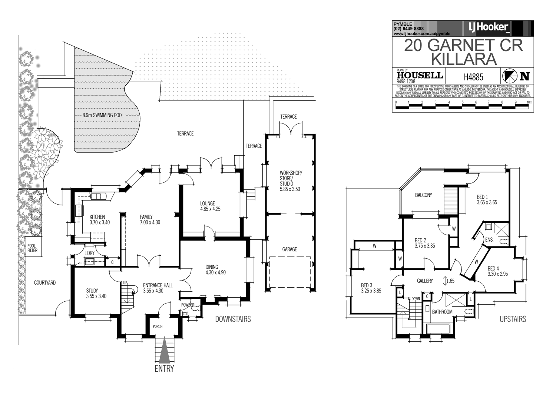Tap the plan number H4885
(473, 77)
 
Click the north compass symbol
(509, 76)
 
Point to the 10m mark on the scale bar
(529, 102)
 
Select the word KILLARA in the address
(463, 59)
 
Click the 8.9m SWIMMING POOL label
(103, 115)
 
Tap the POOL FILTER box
(32, 248)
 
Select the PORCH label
(158, 326)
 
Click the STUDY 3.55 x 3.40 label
(96, 294)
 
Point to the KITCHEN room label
(97, 217)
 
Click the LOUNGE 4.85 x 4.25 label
(210, 206)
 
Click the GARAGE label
(289, 249)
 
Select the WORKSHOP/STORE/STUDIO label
(290, 181)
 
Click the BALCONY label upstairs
(423, 195)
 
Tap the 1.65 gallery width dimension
(450, 281)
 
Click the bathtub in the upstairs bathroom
(438, 329)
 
